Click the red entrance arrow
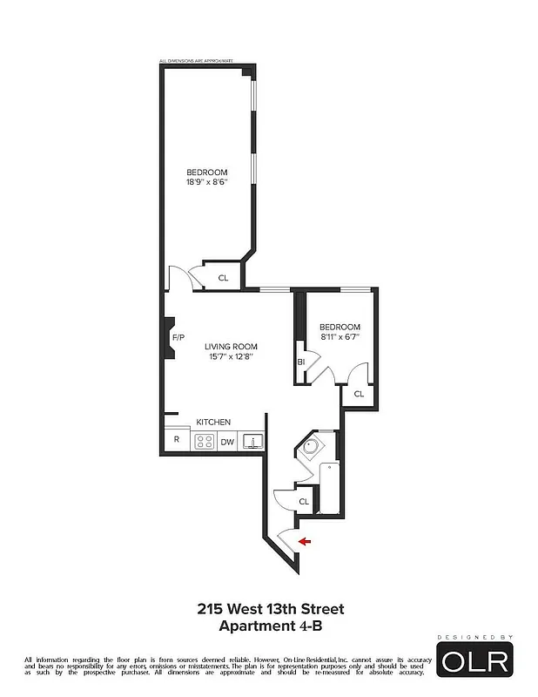[305, 542]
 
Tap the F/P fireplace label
[178, 337]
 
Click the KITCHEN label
[213, 422]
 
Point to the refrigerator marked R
[177, 440]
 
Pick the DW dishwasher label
[226, 442]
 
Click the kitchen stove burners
[201, 441]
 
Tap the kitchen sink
[253, 441]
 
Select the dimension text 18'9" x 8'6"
[206, 183]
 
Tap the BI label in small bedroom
[301, 361]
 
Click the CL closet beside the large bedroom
[223, 278]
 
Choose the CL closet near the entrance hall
[304, 502]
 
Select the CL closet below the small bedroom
[359, 395]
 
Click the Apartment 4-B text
[271, 625]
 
